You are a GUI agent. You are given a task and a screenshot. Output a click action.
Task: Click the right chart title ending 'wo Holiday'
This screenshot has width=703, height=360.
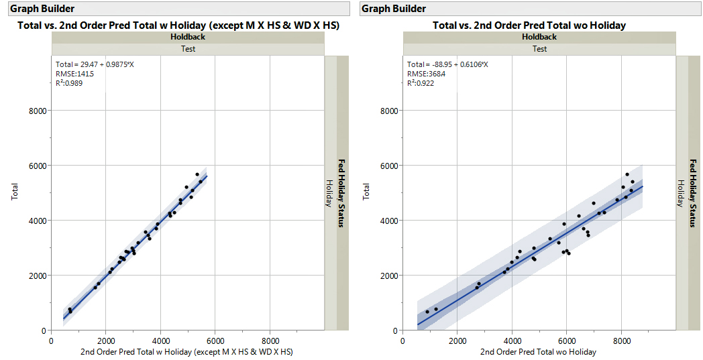[x=529, y=25]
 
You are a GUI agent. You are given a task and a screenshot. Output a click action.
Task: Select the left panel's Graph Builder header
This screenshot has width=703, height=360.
[x=42, y=9]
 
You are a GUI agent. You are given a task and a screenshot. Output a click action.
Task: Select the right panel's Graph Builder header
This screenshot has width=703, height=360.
[x=394, y=9]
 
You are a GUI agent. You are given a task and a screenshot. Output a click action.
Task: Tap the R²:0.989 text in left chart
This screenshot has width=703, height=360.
[x=69, y=83]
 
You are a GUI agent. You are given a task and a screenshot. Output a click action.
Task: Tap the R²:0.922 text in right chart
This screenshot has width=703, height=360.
[x=421, y=83]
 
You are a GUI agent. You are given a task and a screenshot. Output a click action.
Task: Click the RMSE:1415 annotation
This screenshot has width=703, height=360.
[x=74, y=74]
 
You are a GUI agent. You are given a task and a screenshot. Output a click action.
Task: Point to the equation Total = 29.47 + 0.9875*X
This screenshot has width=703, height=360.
[x=95, y=64]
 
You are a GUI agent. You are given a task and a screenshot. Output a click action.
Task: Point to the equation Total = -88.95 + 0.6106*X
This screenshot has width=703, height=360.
[x=447, y=64]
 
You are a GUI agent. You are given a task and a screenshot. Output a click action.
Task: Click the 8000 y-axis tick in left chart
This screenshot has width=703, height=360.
[x=38, y=111]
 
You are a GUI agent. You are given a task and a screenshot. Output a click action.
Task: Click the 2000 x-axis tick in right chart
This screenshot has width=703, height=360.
[x=457, y=341]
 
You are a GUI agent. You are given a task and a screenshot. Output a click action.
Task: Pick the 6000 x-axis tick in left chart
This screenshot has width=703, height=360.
[x=215, y=341]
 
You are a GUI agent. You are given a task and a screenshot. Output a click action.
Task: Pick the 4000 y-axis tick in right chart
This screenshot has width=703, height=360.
[x=389, y=221]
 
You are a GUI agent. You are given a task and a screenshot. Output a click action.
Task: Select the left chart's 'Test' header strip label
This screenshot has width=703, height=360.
[x=188, y=49]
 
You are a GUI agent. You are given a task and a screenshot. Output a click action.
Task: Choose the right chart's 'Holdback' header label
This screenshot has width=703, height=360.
[x=539, y=37]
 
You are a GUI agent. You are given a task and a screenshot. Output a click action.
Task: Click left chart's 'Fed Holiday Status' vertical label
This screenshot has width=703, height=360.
[x=342, y=193]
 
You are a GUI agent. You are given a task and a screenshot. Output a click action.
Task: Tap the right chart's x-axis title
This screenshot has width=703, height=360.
[x=539, y=352]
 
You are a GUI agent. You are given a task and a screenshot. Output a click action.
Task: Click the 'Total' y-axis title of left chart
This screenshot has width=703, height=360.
[x=15, y=193]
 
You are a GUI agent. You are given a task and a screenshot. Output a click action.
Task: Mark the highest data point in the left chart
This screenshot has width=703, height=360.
[x=197, y=174]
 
